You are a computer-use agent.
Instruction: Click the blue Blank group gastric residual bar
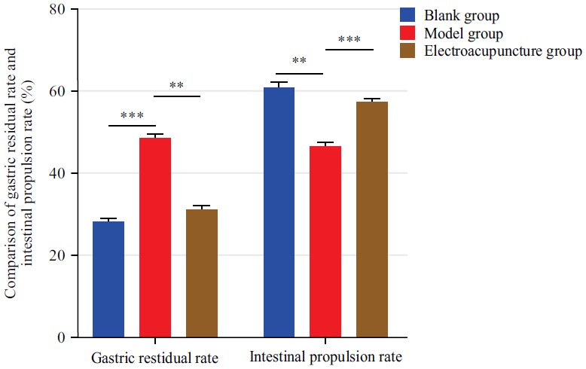click(108, 279)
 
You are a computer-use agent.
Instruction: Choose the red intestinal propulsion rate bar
click(325, 242)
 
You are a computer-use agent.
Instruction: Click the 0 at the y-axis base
click(62, 337)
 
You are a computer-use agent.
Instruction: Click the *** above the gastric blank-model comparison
click(132, 117)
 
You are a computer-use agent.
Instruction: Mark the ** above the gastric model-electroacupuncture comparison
click(176, 87)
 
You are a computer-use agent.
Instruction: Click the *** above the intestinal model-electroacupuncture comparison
click(349, 40)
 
